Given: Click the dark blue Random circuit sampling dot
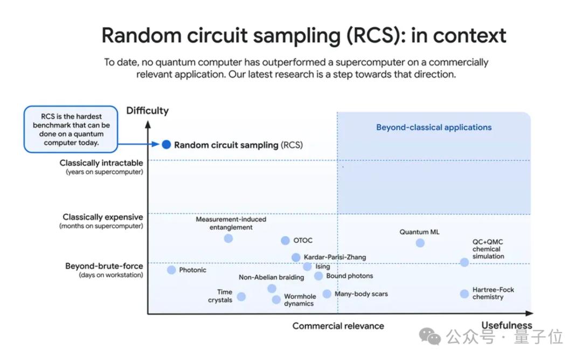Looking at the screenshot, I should coord(167,144).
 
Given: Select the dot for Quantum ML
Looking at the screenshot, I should coord(420,243).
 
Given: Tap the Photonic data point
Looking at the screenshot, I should coord(171,270).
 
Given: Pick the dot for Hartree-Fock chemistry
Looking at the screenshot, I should coord(465,294).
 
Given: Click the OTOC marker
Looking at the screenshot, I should coord(285,240).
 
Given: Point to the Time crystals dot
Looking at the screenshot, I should coord(241,296).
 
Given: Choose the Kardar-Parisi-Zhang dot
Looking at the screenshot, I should coord(296,258).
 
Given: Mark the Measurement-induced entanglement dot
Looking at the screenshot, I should coord(228,238).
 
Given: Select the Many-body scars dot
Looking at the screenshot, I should coord(327,294).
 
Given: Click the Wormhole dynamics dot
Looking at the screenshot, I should coord(276,300).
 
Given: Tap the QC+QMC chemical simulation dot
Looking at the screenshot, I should coord(465,262).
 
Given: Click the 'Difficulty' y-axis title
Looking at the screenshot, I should coord(147,111).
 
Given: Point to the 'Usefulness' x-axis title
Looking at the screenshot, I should coord(507,326).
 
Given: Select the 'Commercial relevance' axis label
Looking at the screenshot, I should coord(338,326).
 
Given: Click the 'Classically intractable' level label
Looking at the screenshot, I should coord(101,163).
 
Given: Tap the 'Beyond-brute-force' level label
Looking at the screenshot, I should coord(104,266).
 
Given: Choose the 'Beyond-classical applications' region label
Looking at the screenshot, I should coord(434,128).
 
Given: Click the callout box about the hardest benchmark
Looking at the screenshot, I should coord(71,129).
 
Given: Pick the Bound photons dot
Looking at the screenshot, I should coord(318,276).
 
